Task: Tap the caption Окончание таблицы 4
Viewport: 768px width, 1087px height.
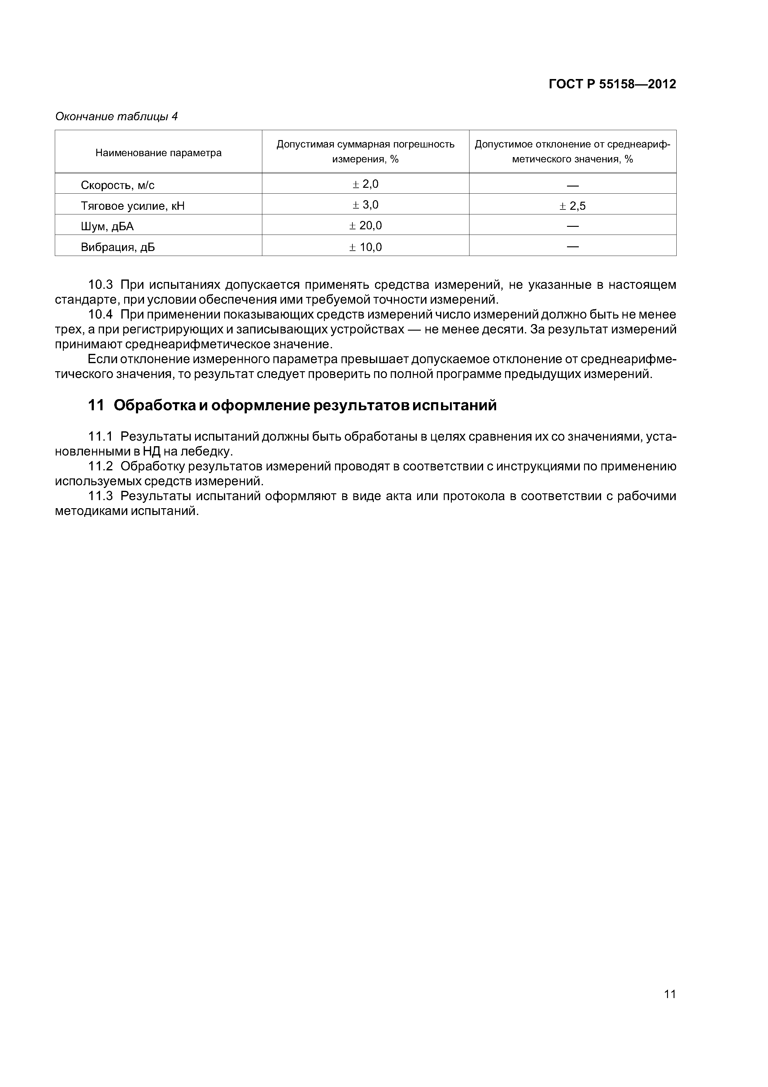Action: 116,117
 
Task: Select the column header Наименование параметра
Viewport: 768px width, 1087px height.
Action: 159,153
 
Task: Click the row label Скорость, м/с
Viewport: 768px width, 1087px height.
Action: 118,185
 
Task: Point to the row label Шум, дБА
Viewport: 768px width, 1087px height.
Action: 107,227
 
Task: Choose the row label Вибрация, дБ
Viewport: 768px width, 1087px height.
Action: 118,247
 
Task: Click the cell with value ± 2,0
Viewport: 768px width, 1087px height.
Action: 365,184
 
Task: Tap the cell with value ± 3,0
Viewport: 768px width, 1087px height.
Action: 365,205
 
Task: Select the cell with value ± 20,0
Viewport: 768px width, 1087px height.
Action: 365,225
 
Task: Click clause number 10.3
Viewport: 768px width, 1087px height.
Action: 100,285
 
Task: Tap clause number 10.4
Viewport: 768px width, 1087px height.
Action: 100,315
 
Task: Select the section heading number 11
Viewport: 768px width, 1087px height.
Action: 96,406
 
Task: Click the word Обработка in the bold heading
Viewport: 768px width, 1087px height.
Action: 151,406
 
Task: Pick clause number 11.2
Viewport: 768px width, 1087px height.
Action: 100,466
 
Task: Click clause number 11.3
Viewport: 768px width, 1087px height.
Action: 100,496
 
